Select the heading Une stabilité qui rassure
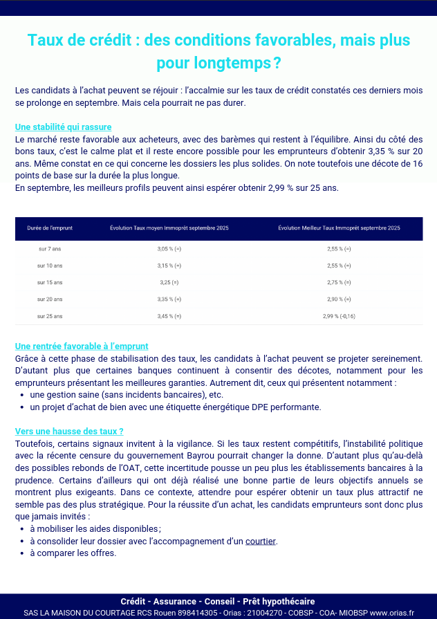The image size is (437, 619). tap(63, 127)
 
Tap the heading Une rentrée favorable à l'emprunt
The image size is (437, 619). tap(82, 347)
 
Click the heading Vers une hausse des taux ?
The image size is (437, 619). tap(69, 431)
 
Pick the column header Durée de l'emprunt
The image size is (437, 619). tap(50, 228)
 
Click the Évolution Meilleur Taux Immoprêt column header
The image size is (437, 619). tap(339, 228)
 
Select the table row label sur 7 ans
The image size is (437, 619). tap(50, 248)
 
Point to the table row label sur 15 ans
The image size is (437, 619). tap(50, 282)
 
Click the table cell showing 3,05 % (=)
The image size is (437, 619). tap(169, 248)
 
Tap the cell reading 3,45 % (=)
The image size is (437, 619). tap(169, 316)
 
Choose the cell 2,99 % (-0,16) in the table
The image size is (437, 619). tap(339, 316)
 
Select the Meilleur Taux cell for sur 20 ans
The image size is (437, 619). tap(339, 299)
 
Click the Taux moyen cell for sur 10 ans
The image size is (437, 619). tap(169, 266)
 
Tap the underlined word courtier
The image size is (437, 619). tap(261, 541)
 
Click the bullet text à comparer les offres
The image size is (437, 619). tap(73, 553)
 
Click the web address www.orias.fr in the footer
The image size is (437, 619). tap(392, 613)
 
